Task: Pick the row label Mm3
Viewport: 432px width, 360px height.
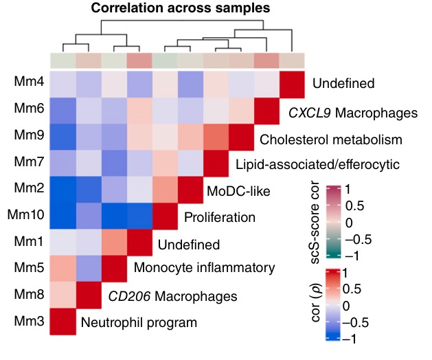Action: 26,322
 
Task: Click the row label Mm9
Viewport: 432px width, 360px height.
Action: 26,136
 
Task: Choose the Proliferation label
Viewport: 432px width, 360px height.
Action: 219,218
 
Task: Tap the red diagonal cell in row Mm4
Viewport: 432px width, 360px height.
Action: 293,83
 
